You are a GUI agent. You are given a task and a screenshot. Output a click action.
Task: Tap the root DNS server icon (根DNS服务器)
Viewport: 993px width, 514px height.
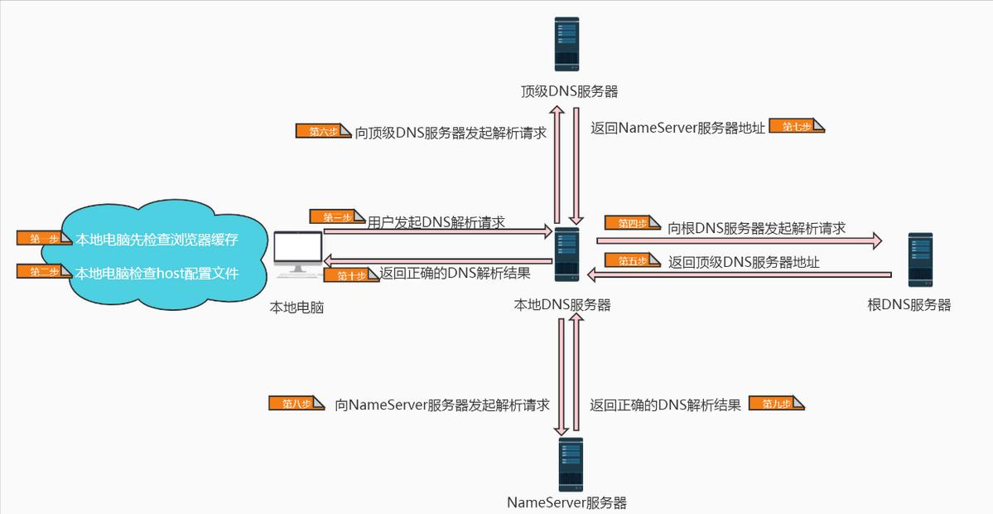pyautogui.click(x=919, y=259)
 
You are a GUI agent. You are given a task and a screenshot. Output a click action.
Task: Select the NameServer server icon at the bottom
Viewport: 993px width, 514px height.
pyautogui.click(x=570, y=464)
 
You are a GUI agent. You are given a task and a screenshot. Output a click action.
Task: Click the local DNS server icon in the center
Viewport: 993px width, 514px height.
pyautogui.click(x=567, y=254)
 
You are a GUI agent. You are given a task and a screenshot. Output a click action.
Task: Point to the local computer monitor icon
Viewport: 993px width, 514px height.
pyautogui.click(x=297, y=254)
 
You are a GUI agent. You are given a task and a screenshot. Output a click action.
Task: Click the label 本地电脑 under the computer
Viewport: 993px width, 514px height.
pyautogui.click(x=296, y=308)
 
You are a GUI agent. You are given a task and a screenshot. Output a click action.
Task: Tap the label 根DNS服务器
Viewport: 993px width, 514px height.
pyautogui.click(x=909, y=304)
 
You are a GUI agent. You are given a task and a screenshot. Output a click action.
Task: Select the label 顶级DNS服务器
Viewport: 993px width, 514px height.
pyautogui.click(x=570, y=91)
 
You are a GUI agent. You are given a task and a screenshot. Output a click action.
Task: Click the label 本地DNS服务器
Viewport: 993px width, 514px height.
pyautogui.click(x=562, y=304)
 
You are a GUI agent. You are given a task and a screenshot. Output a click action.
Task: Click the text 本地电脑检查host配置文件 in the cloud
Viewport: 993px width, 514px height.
pyautogui.click(x=157, y=272)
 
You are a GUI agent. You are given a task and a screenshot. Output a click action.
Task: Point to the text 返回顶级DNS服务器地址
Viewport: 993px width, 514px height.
pyautogui.click(x=744, y=262)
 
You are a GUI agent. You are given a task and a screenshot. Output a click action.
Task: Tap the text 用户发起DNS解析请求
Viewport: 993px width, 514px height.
pyautogui.click(x=436, y=222)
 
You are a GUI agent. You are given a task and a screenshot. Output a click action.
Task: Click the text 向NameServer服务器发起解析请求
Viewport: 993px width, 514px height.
pyautogui.click(x=442, y=405)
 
